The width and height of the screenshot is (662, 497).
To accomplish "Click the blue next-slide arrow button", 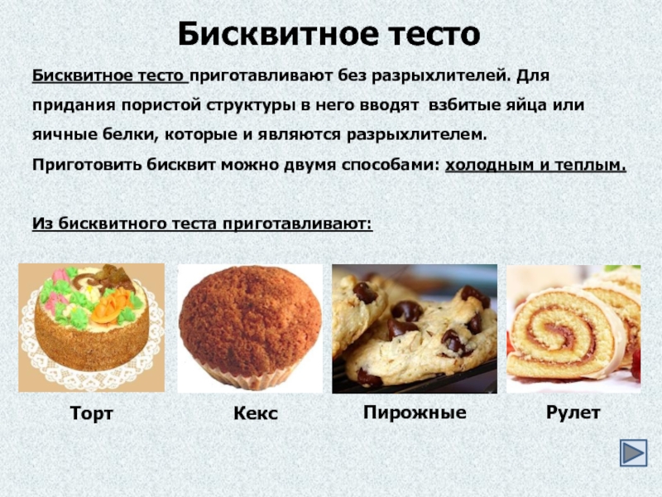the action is coord(633,452).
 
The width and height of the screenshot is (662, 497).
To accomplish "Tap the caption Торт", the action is coord(92,413).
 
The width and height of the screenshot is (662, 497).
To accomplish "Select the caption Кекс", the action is coord(256,413).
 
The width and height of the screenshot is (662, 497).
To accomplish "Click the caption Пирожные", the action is coord(415,412).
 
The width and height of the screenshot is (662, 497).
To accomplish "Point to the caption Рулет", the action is coord(573,412).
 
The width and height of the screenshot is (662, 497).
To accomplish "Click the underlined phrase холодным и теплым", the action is coord(535,164).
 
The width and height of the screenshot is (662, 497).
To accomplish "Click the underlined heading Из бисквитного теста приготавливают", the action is coord(203,223).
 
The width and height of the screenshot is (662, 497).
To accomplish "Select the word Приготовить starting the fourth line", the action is coord(87,164).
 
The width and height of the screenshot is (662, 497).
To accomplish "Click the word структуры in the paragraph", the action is coord(251,106).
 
